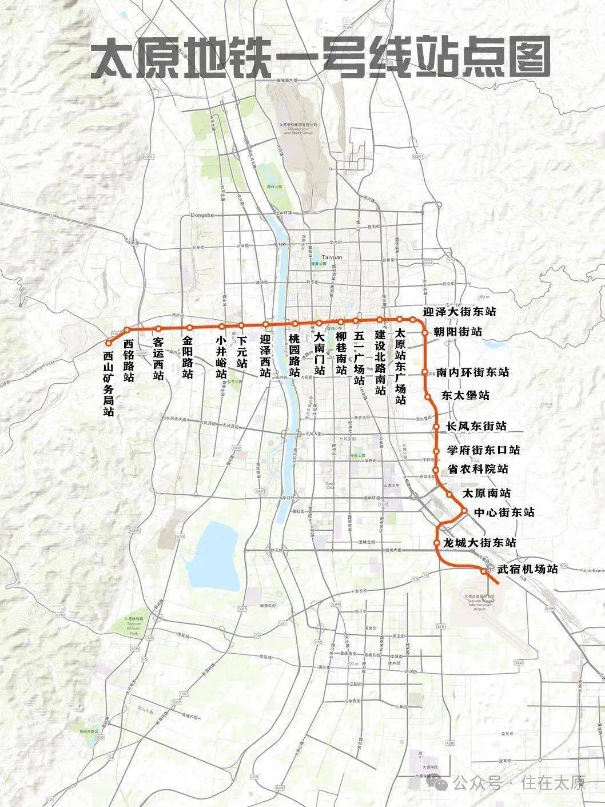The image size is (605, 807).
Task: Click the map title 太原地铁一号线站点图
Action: pyautogui.click(x=320, y=57)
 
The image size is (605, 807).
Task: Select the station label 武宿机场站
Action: pyautogui.click(x=527, y=569)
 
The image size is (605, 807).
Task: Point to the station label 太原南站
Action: pyautogui.click(x=486, y=493)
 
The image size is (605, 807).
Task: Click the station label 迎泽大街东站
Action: pyautogui.click(x=459, y=312)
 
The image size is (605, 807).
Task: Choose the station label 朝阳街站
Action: pyautogui.click(x=457, y=332)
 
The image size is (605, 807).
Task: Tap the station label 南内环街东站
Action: pyautogui.click(x=472, y=372)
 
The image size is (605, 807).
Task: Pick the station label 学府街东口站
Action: pyautogui.click(x=483, y=450)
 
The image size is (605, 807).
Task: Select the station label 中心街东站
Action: pyautogui.click(x=504, y=512)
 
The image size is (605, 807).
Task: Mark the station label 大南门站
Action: pyautogui.click(x=319, y=355)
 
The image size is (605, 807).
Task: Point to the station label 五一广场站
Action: pyautogui.click(x=359, y=359)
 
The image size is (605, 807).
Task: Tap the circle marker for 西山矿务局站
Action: pyautogui.click(x=108, y=343)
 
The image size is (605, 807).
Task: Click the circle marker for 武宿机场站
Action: pyautogui.click(x=484, y=571)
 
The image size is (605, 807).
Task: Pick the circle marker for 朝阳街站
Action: pyautogui.click(x=425, y=332)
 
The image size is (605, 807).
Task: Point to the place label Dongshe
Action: pyautogui.click(x=197, y=216)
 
